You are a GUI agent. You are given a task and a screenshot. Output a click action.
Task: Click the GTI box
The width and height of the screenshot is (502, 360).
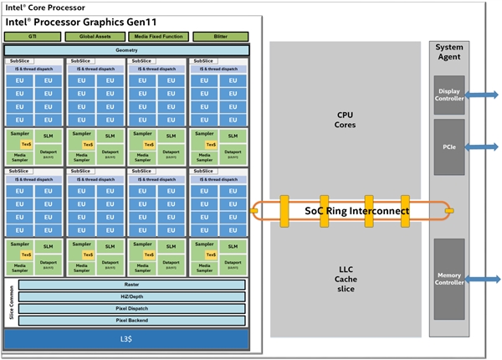(33, 36)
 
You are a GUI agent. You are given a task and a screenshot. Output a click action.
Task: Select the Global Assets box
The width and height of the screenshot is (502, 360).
(95, 36)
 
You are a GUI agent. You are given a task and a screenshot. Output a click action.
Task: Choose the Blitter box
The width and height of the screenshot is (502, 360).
(220, 36)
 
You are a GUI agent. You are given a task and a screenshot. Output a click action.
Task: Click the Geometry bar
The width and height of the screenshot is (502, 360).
(126, 50)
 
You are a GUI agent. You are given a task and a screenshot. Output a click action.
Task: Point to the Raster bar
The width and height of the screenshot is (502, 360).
(131, 285)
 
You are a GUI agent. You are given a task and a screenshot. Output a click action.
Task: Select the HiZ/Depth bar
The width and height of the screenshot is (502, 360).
(131, 296)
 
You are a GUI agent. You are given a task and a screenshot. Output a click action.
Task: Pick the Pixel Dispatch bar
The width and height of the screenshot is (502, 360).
(131, 308)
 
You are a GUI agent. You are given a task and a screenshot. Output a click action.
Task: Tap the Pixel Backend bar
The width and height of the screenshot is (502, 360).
(131, 320)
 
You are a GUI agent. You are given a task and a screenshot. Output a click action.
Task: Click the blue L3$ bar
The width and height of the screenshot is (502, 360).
(126, 338)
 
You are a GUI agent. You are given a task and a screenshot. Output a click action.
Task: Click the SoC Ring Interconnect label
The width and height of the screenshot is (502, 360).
(357, 212)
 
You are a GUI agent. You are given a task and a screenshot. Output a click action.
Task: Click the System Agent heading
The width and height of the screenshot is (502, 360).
(449, 52)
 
